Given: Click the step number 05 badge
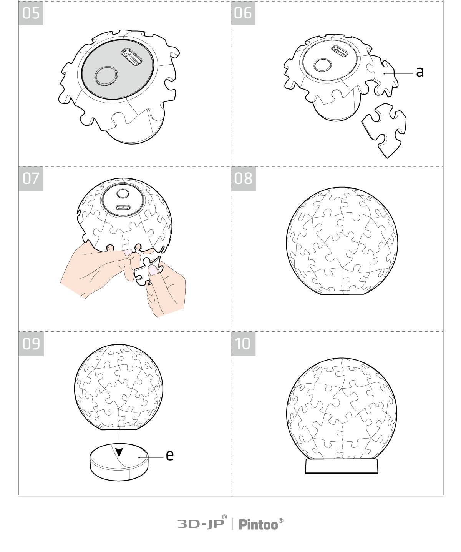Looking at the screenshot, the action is [x=31, y=13].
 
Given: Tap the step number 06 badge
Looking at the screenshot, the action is [x=243, y=13].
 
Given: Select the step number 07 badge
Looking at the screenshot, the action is [x=31, y=178].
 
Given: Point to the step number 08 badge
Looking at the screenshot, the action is [x=243, y=178].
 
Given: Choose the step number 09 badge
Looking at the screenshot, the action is [x=31, y=344].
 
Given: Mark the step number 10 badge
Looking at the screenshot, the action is [x=243, y=344].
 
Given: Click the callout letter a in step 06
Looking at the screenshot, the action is [x=420, y=72].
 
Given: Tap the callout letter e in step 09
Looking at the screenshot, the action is [x=169, y=455].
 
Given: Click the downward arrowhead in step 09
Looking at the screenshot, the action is [x=119, y=452].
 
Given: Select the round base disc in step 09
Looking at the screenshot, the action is [x=119, y=462].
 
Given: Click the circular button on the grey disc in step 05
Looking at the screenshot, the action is [x=106, y=76].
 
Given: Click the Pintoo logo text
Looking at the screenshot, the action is [x=261, y=524].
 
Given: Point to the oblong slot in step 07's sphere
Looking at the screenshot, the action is [x=123, y=208].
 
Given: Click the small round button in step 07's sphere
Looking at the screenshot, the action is [x=123, y=193].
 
